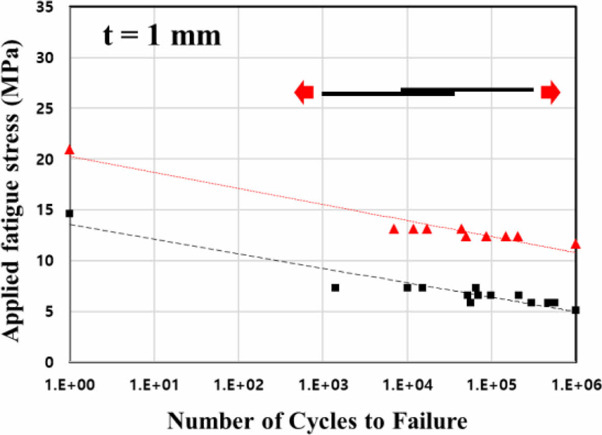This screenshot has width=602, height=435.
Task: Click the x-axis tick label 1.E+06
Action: (575, 383)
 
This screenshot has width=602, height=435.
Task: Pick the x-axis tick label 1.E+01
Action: (154, 383)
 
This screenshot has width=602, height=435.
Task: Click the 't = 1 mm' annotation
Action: (161, 37)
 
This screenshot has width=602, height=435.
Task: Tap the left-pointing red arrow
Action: (304, 93)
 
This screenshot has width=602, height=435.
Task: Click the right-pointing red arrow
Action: (551, 92)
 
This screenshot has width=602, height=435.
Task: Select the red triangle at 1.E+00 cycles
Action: (69, 150)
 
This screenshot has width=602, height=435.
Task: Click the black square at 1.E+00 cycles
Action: (69, 213)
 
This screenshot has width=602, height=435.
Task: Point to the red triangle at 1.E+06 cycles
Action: (575, 244)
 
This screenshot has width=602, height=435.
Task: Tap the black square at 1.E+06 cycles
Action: (575, 310)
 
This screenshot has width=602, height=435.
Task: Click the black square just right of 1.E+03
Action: (335, 287)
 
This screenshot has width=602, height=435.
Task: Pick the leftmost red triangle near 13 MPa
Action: (394, 229)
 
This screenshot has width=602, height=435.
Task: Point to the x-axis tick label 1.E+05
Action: (491, 383)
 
